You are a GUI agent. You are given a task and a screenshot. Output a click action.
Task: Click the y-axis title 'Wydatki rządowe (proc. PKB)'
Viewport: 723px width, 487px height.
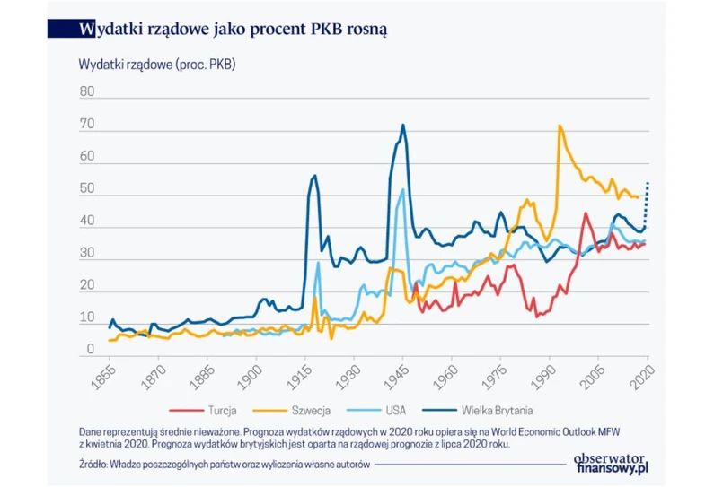pos(157,65)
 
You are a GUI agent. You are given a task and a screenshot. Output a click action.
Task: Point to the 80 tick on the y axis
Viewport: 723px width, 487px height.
pos(86,92)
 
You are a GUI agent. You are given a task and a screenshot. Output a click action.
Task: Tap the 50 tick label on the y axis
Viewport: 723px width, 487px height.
pos(86,189)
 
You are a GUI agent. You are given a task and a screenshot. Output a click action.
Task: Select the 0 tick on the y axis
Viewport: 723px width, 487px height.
pos(90,349)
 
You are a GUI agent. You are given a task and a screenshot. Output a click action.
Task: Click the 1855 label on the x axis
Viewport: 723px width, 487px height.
pos(104,374)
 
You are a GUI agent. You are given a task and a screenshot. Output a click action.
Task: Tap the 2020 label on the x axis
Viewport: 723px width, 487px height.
pos(641,374)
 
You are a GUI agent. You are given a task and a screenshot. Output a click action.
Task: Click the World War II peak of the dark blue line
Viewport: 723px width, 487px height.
pos(403,126)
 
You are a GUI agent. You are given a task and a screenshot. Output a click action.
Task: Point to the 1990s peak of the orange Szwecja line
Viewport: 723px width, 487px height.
pos(560,126)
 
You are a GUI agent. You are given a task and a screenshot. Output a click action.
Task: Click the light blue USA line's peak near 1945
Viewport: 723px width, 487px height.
pos(402,190)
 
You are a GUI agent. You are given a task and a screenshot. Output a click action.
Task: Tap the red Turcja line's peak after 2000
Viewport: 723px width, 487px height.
pos(585,213)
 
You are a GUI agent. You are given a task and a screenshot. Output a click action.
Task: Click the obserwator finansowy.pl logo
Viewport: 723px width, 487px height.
pos(612,462)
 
